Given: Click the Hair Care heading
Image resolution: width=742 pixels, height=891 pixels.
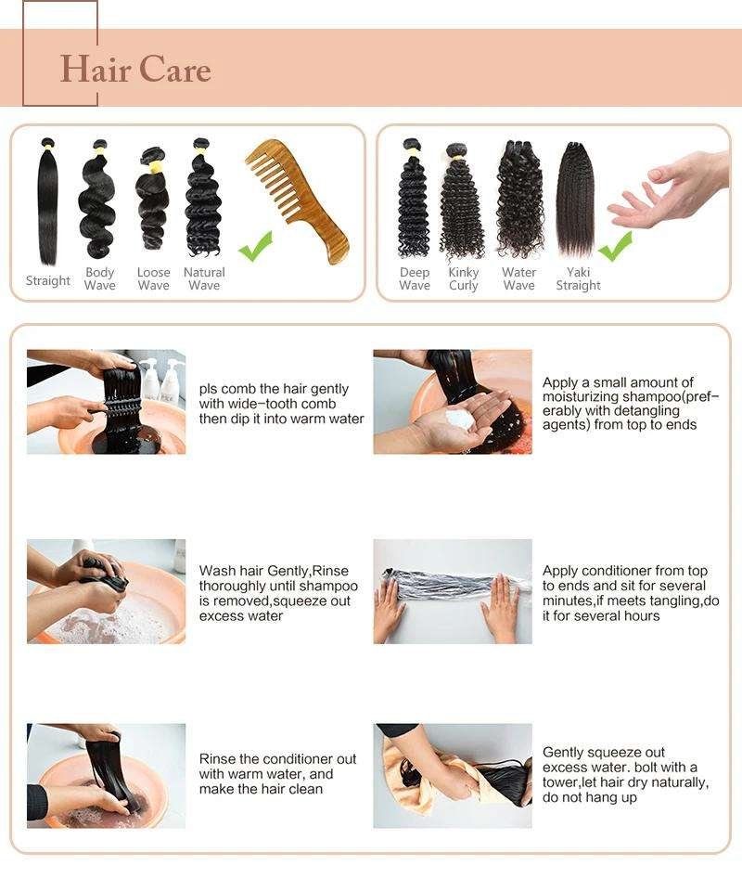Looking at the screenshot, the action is [x=135, y=70].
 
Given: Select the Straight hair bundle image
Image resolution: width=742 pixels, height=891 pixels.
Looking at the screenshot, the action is [x=47, y=201].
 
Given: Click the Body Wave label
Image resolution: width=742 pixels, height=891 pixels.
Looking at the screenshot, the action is [x=100, y=278].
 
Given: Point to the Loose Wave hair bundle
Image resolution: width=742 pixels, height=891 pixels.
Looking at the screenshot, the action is [x=152, y=199].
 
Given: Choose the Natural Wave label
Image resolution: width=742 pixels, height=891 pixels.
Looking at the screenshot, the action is [x=204, y=278].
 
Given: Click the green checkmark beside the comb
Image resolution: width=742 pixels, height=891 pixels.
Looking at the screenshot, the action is [x=255, y=246].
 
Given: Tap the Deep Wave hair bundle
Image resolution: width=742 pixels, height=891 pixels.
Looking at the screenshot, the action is [x=413, y=199].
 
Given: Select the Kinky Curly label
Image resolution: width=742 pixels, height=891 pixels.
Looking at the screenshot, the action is [x=463, y=278].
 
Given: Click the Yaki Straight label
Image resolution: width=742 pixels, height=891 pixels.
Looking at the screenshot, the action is [x=578, y=278].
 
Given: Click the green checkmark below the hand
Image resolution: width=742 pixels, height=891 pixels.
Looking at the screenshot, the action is [x=615, y=246].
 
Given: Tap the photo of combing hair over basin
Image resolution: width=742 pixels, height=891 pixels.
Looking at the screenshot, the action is [x=106, y=402].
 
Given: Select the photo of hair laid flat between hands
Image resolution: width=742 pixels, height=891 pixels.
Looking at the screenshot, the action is [x=453, y=591].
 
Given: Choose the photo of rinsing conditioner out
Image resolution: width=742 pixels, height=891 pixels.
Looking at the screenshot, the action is [x=106, y=776].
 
